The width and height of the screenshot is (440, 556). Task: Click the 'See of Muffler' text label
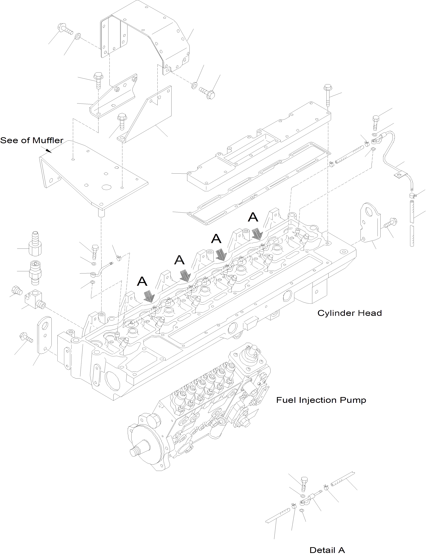click(32, 140)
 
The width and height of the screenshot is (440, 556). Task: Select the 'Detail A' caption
click(327, 550)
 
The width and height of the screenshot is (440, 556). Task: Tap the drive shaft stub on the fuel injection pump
click(136, 451)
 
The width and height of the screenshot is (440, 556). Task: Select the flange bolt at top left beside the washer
click(64, 29)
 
